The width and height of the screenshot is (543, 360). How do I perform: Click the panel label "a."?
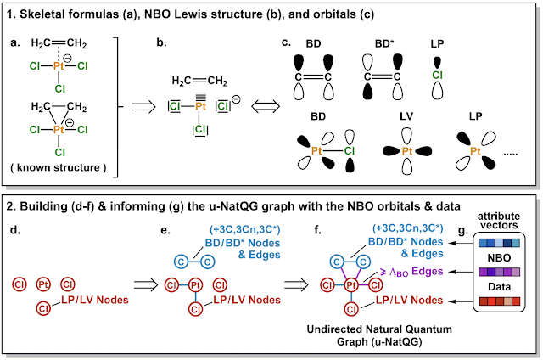[x=15, y=42]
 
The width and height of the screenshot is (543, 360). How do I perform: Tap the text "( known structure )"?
[x=59, y=168]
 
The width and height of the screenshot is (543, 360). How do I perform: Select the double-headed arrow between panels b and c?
[x=266, y=106]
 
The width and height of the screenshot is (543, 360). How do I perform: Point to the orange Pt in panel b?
[x=200, y=106]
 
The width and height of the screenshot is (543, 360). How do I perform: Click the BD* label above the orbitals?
[x=384, y=43]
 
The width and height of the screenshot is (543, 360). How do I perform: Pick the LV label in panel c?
[x=406, y=116]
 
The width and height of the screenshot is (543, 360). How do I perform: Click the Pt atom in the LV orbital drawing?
[x=407, y=151]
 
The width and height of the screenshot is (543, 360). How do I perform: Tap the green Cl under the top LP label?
[x=438, y=76]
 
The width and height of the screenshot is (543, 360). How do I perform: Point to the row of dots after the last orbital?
[x=510, y=154]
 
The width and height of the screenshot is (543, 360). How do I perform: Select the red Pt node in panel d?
[x=43, y=284]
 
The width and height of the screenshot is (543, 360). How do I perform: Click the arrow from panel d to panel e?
[x=146, y=285]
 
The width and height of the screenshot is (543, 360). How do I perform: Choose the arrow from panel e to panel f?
[x=296, y=285]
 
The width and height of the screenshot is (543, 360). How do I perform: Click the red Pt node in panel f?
[x=351, y=285]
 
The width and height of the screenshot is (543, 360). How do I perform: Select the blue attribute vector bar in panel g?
[x=499, y=243]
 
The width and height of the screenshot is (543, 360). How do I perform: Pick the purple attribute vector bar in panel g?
[x=499, y=272]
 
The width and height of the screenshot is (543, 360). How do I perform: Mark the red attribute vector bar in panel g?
[x=499, y=301]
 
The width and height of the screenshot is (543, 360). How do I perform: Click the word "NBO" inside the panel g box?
[x=499, y=258]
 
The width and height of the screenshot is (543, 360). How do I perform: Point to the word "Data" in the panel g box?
[x=499, y=287]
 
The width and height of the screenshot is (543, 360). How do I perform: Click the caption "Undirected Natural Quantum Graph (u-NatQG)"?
[x=379, y=335]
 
